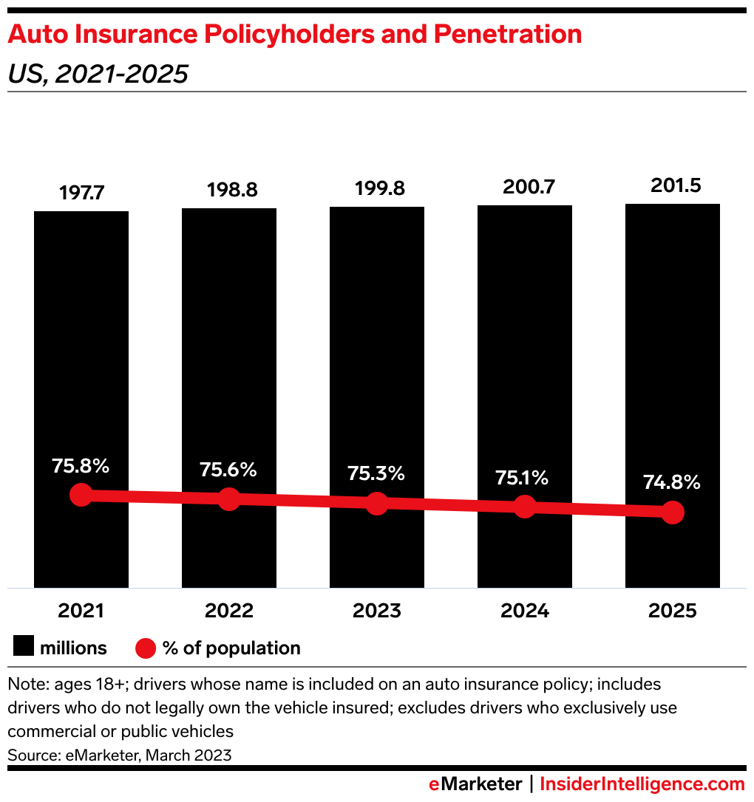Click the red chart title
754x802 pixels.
pos(295,35)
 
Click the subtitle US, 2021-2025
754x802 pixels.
pos(98,74)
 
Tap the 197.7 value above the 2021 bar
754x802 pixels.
pos(81,193)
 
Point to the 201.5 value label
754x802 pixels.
pos(676,185)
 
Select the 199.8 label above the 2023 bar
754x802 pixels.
pos(380,188)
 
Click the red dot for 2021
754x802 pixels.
pos(81,495)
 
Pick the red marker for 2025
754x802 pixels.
pos(673,512)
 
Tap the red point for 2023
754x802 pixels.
pos(377,504)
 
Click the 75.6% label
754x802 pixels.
pos(228,470)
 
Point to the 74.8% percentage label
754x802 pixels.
pos(672,481)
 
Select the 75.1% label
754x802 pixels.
pos(522,478)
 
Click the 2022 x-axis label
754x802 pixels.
pos(229,611)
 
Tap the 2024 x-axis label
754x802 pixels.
pos(525,611)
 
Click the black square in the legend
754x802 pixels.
pos(24,645)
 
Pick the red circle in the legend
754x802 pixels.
pos(146,648)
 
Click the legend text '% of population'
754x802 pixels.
pos(231,648)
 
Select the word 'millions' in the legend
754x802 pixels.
pos(73,648)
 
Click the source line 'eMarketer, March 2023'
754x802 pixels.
pos(149,755)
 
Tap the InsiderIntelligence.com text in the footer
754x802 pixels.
pos(642,784)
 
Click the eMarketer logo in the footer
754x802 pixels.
pos(475,784)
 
